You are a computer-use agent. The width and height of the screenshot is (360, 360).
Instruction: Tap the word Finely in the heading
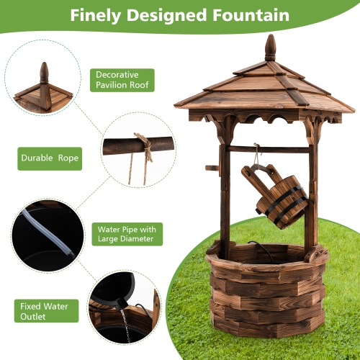[97, 14]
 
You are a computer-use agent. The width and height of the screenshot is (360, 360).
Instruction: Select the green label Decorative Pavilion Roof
[122, 80]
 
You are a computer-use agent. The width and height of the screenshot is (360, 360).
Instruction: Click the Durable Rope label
[48, 157]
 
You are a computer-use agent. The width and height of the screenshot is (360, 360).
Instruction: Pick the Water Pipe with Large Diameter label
[125, 234]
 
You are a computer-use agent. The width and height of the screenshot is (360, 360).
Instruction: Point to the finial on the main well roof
[270, 48]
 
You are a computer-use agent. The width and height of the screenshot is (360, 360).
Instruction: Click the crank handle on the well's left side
[212, 168]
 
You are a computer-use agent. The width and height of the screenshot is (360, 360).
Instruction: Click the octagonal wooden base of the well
[266, 295]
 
